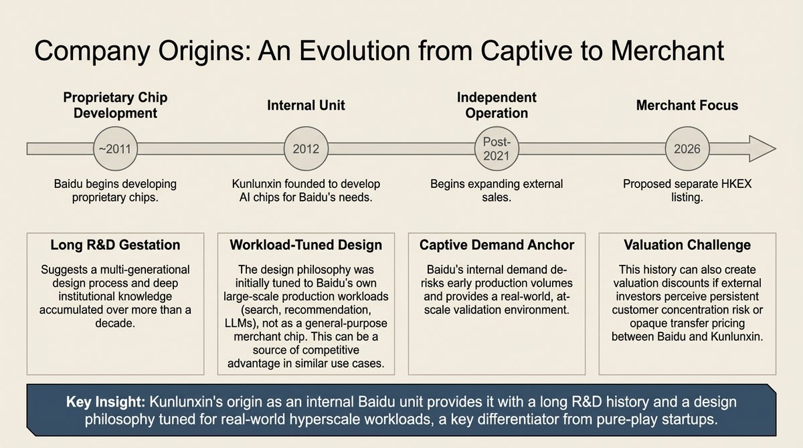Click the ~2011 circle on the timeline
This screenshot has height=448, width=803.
[115, 148]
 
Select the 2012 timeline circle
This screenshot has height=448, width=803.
[306, 148]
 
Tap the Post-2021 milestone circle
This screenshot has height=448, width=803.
[497, 148]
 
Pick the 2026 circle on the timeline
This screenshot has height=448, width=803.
[687, 148]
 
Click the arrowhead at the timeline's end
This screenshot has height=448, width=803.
[762, 148]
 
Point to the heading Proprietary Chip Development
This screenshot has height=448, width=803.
[115, 105]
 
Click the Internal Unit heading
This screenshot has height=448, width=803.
[306, 105]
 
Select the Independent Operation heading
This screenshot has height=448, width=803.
[497, 105]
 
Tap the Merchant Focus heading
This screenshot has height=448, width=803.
[687, 105]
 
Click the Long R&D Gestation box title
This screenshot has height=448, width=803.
[115, 245]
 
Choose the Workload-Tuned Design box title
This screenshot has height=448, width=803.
[306, 245]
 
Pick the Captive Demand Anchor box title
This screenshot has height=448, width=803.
[497, 245]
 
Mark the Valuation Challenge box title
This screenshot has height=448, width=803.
[687, 245]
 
